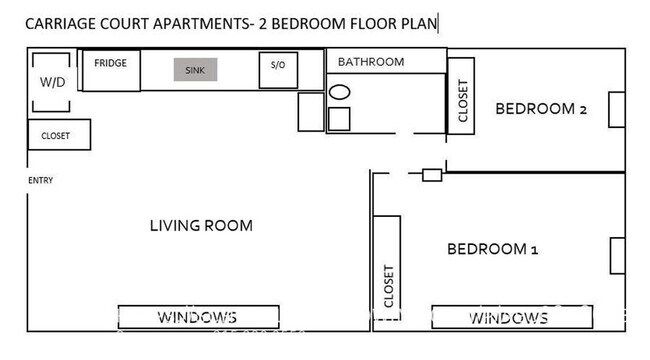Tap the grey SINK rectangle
click(193, 70)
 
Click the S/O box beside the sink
click(278, 66)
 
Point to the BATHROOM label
click(370, 62)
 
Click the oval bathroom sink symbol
click(340, 92)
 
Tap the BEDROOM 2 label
click(541, 109)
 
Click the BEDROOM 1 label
click(492, 249)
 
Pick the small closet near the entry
click(58, 135)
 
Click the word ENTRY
click(40, 180)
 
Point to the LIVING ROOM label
click(201, 225)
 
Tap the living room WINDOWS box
click(197, 318)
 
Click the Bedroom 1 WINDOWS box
click(509, 318)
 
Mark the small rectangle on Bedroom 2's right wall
click(618, 110)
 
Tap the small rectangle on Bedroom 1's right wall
click(618, 255)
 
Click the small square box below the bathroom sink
click(340, 119)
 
